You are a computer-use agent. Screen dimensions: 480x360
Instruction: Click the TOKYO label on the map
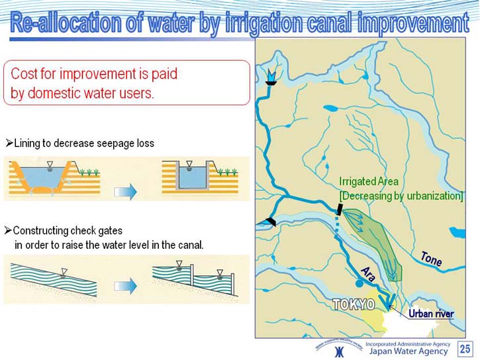[354, 304]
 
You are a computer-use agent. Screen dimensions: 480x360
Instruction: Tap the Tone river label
[431, 259]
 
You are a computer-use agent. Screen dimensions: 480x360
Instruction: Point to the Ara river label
[368, 274]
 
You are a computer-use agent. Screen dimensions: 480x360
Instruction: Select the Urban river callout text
[431, 314]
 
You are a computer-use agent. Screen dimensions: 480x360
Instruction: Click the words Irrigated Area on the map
[369, 181]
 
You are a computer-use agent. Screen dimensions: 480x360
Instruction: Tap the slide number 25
[465, 349]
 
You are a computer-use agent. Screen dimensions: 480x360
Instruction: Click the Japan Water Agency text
[408, 351]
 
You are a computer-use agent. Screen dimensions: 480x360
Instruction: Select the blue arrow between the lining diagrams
[125, 192]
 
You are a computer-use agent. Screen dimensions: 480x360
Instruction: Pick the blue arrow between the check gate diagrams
[125, 286]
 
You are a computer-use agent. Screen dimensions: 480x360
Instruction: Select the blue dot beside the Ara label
[360, 283]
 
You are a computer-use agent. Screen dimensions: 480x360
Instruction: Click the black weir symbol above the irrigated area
[339, 209]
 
